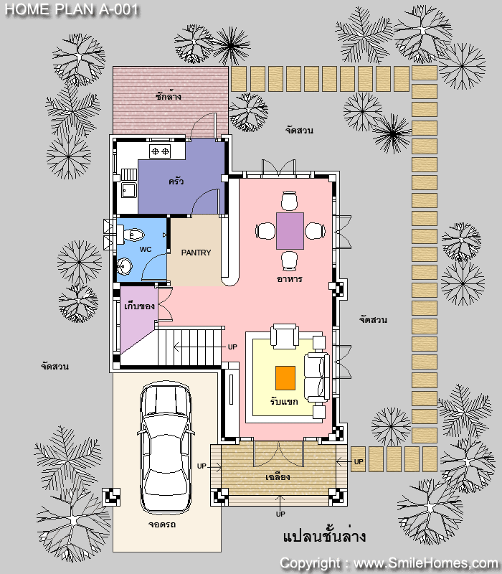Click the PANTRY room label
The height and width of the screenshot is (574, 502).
pos(196,253)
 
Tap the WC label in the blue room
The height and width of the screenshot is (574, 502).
pos(146,250)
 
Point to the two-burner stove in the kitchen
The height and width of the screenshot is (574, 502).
pos(160,151)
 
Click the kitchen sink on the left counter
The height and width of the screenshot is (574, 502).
pos(129,191)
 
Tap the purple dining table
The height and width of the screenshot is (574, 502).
pos(290,231)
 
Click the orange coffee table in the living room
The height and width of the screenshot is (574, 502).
pos(285,378)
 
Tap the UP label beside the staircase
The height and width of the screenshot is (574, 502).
pos(232,347)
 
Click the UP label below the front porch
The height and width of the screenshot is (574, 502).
pos(280,514)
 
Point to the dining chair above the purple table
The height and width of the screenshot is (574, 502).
pos(289,201)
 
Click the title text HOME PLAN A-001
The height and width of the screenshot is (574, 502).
pos(71,9)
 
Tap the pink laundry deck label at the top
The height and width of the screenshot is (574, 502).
pos(169,97)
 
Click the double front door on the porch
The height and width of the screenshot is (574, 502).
pos(279,454)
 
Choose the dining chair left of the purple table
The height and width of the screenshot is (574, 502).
pos(265,231)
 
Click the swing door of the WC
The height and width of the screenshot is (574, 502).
pos(154,266)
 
